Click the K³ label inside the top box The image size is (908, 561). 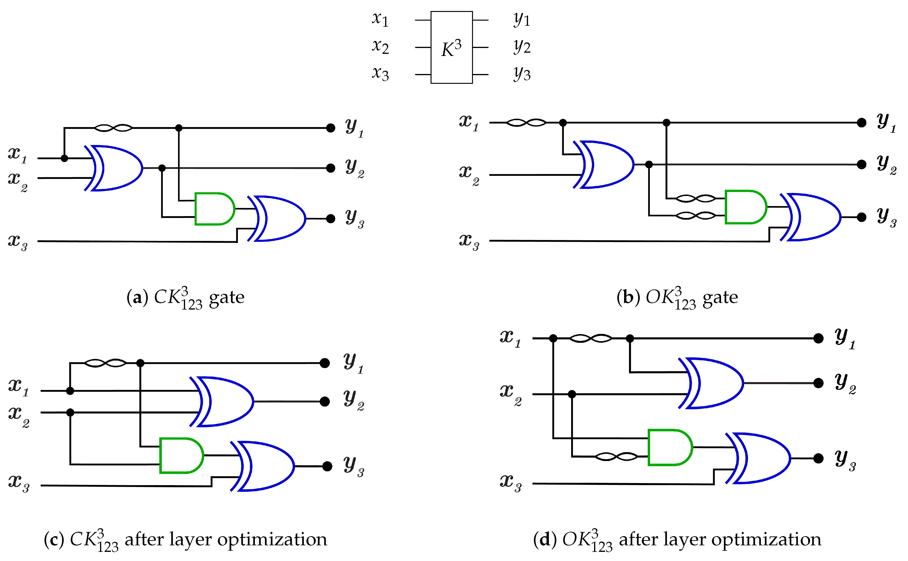[x=451, y=48]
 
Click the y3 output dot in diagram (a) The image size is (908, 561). [x=330, y=218]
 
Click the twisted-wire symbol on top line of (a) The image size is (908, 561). [x=113, y=128]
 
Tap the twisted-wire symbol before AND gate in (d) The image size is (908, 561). [x=616, y=456]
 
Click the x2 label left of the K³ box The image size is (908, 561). [x=380, y=47]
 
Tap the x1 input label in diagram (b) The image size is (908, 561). [x=469, y=122]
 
